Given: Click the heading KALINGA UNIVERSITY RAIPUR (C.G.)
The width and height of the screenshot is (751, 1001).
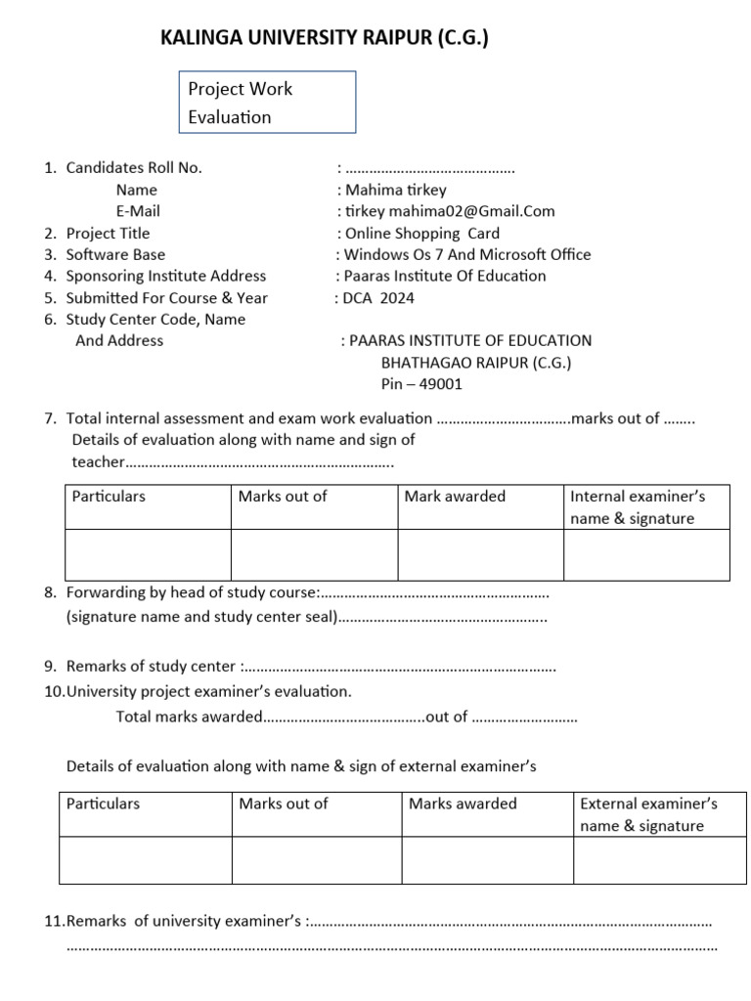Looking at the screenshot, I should coord(324,39).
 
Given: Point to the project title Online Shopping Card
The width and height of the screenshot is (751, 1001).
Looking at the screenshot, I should coord(420,233).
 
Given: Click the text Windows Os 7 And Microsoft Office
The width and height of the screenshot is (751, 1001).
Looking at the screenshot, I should coord(465,254).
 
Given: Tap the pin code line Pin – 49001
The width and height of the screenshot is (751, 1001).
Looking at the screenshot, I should coord(421,383).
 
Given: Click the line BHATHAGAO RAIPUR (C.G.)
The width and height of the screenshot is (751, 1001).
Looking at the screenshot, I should coord(476,362).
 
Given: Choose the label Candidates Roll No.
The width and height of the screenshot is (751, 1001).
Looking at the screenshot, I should coord(134,168).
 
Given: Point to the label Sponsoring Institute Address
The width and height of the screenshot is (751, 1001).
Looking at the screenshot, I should coord(165,276).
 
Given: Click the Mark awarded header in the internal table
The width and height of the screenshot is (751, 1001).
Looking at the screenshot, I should coord(455,497).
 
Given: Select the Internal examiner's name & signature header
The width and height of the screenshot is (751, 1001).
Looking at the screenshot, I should coord(637,507).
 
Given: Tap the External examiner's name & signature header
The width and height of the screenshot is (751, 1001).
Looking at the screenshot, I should coord(648,815).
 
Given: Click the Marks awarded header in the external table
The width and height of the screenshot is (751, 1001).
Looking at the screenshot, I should coord(463,804).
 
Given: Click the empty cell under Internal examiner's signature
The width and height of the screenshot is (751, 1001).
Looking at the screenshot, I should coord(646,554).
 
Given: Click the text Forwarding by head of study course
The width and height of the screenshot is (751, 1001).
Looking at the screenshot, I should coord(193,592).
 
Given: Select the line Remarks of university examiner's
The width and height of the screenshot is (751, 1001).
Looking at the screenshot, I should coord(186,921).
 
